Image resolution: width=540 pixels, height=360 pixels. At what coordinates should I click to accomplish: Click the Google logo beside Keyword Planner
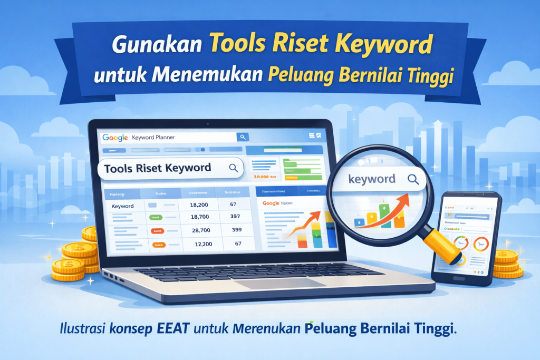tap(115, 138)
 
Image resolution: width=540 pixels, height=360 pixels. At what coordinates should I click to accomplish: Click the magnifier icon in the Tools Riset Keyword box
tap(233, 168)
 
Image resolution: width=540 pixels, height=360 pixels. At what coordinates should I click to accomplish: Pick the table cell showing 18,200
tap(199, 206)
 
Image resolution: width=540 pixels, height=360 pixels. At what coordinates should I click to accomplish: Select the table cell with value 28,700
tap(199, 230)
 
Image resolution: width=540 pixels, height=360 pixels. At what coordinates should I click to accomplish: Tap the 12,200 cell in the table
tap(199, 244)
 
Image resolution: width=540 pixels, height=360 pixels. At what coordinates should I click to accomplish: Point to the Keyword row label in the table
tap(122, 206)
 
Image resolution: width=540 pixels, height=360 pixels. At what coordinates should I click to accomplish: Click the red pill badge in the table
tap(157, 231)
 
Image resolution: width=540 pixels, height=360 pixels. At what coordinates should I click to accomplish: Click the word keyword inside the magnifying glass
tap(372, 179)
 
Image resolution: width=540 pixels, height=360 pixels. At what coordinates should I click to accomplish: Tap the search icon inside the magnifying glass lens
tap(413, 179)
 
